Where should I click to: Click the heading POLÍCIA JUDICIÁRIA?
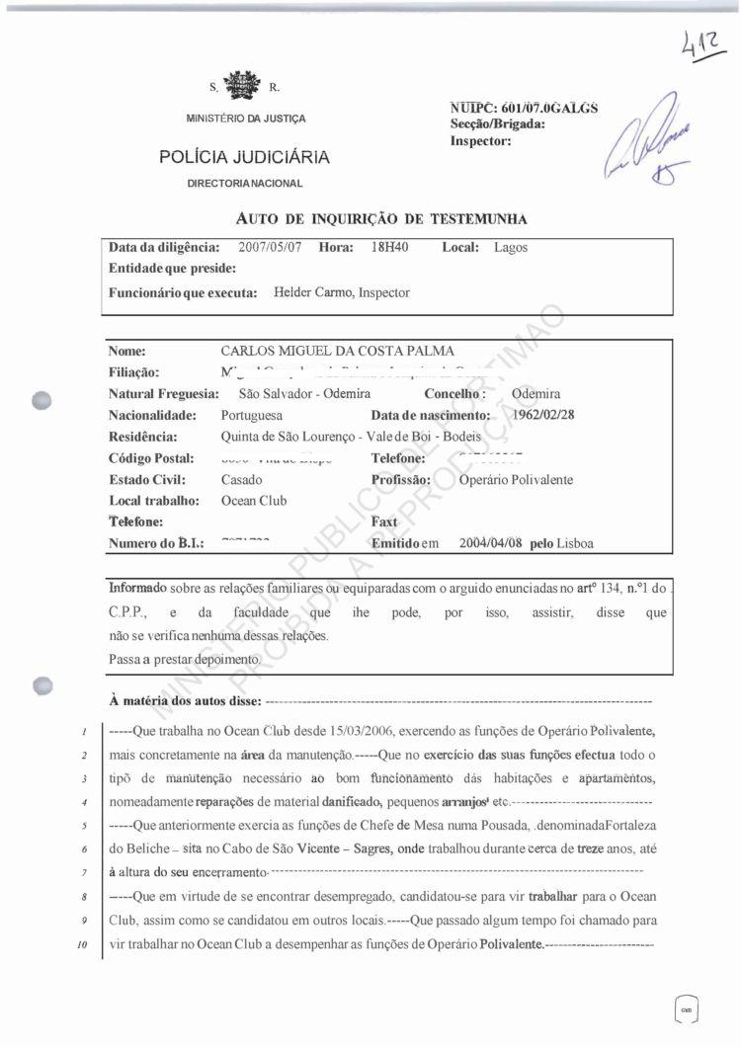(244, 157)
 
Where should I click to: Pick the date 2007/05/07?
(269, 248)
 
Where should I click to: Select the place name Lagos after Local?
(511, 248)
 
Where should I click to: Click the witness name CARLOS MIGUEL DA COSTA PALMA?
(339, 351)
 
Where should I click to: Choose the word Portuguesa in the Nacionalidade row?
(252, 416)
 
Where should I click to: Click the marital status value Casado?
(242, 480)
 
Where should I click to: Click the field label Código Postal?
(151, 458)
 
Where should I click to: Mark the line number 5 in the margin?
(87, 825)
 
